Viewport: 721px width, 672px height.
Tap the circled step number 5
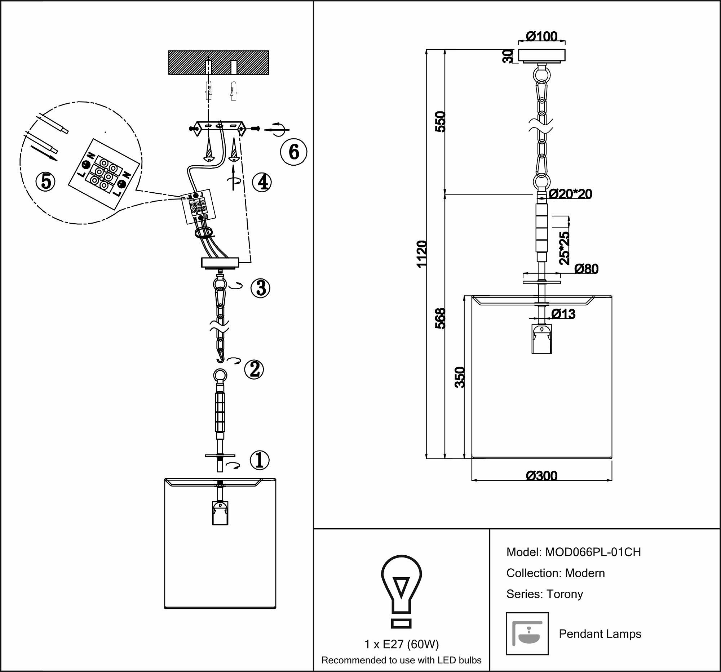coord(46,181)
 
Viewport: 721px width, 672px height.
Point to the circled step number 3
coord(260,288)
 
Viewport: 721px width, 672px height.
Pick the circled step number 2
coord(254,369)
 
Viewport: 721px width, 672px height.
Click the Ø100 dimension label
coord(541,37)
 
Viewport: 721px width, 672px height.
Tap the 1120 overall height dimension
coord(422,254)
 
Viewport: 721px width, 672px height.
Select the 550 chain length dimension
coord(439,122)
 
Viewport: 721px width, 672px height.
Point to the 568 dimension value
coord(440,318)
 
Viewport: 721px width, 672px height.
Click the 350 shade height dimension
coord(460,377)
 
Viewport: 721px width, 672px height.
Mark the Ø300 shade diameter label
coord(541,476)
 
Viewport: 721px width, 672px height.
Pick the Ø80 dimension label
coord(587,269)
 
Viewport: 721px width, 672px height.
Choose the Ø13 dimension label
coord(563,314)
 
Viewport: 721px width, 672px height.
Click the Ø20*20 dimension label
coord(570,194)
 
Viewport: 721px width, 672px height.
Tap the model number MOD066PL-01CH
coord(593,552)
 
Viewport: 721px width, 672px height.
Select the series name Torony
coord(565,594)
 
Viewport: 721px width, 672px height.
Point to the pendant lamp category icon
coord(527,633)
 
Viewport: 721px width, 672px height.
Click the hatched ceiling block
coord(219,63)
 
